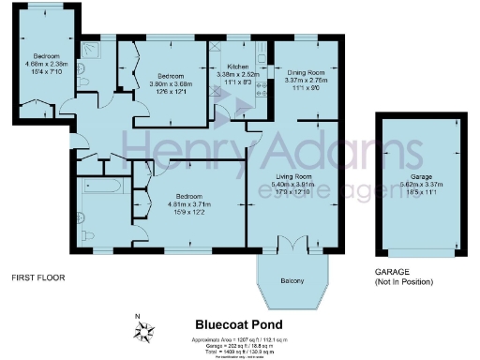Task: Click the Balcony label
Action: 292,280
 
